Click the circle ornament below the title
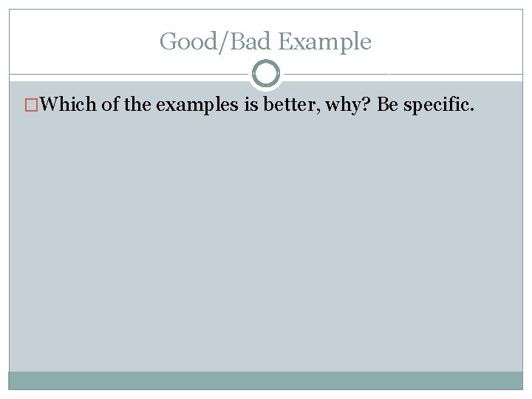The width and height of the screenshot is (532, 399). pyautogui.click(x=266, y=74)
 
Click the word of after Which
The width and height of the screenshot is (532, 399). pyautogui.click(x=111, y=104)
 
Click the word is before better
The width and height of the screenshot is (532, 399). pyautogui.click(x=250, y=104)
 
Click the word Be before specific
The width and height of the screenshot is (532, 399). pyautogui.click(x=388, y=104)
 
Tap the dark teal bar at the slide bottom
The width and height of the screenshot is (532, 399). pyautogui.click(x=266, y=380)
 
